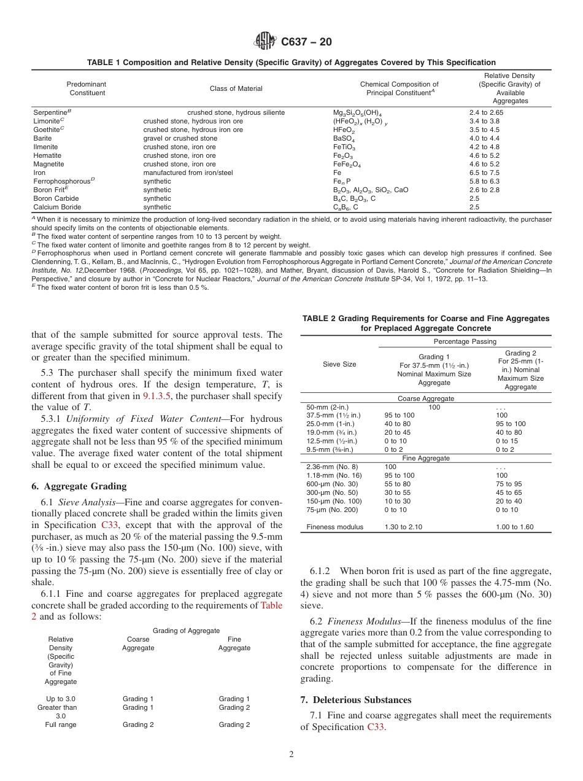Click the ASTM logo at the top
tap(265, 41)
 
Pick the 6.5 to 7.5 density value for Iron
tap(484, 173)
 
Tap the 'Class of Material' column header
tap(236, 88)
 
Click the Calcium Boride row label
tap(57, 208)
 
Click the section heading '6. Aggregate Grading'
tap(79, 486)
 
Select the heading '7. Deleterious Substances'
tap(356, 700)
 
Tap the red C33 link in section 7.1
tap(376, 727)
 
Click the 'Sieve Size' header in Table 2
tap(339, 364)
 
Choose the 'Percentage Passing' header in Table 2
tap(465, 341)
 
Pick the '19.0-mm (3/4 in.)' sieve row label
tap(333, 432)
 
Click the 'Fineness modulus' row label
tap(334, 527)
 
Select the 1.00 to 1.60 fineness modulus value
tap(515, 527)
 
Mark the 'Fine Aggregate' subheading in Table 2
tap(425, 458)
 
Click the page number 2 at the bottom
tap(291, 755)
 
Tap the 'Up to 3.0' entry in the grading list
tap(61, 699)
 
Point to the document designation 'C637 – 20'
tap(306, 42)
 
